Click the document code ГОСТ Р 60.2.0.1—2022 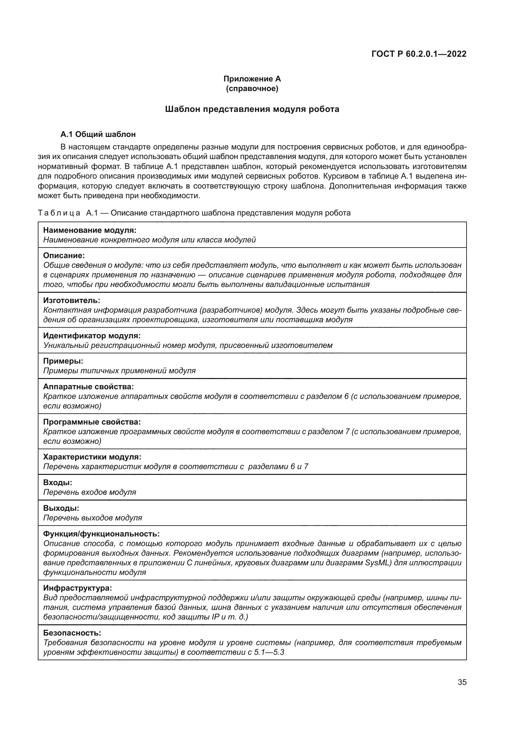click(x=419, y=54)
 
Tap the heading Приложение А click(x=252, y=79)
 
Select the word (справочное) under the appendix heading click(x=252, y=88)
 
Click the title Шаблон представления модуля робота click(x=252, y=109)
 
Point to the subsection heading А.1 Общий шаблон click(x=98, y=134)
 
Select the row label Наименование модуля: click(x=90, y=230)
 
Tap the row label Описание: click(x=64, y=256)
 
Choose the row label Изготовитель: click(x=71, y=300)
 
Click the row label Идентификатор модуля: click(x=92, y=335)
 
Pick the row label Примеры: click(x=63, y=361)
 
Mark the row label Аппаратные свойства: click(x=88, y=387)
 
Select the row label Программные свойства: click(x=92, y=422)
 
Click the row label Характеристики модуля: click(x=92, y=457)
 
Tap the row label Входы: click(x=58, y=483)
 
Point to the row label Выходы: click(x=61, y=508)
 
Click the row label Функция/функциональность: click(x=102, y=534)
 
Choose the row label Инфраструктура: click(x=78, y=588)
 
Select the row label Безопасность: click(x=72, y=633)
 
